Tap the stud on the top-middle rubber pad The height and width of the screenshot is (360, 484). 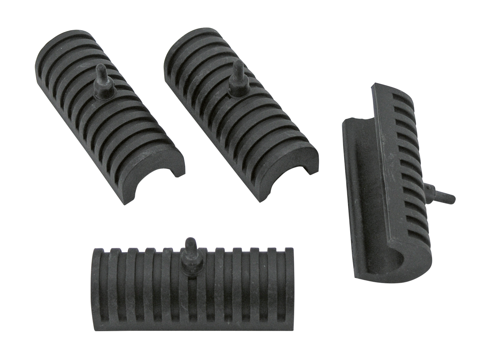pyautogui.click(x=237, y=70)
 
